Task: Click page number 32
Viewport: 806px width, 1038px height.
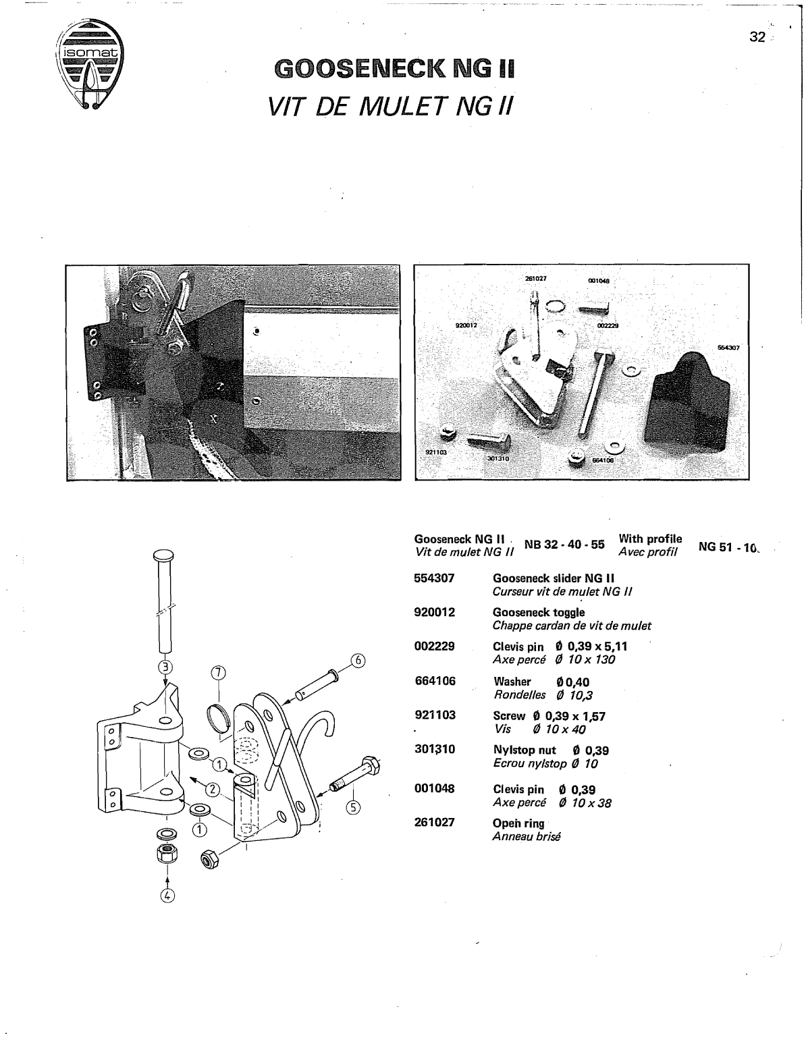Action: (x=757, y=38)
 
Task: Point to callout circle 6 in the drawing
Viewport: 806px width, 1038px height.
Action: (x=357, y=661)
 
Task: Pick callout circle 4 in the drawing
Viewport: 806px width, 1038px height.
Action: (x=167, y=896)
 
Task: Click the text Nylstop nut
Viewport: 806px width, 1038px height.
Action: (x=525, y=750)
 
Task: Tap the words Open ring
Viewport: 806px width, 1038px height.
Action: (x=518, y=823)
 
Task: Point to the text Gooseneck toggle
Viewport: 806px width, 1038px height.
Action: (x=539, y=612)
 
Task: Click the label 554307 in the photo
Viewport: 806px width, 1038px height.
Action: (x=729, y=348)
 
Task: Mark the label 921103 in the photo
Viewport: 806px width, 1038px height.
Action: (x=436, y=454)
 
